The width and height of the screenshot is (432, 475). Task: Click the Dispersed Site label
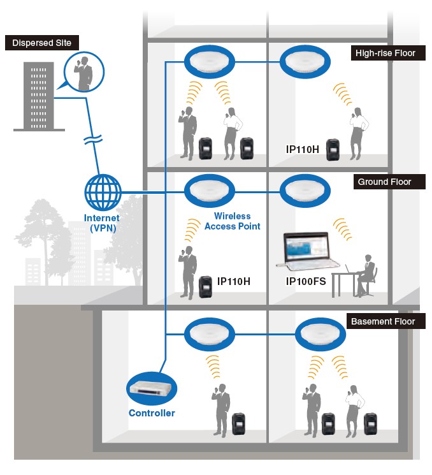click(42, 43)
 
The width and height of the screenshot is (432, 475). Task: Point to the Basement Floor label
click(382, 321)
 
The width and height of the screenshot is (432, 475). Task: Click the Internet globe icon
click(103, 193)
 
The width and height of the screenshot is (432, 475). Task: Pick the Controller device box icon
click(151, 387)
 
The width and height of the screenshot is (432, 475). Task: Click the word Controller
click(152, 413)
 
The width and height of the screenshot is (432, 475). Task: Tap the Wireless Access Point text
click(233, 221)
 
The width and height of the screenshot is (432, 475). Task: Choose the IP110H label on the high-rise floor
click(303, 149)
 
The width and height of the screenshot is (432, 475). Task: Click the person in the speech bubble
click(83, 72)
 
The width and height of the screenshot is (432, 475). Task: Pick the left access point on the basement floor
click(210, 333)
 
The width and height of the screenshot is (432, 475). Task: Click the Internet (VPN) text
click(102, 223)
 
